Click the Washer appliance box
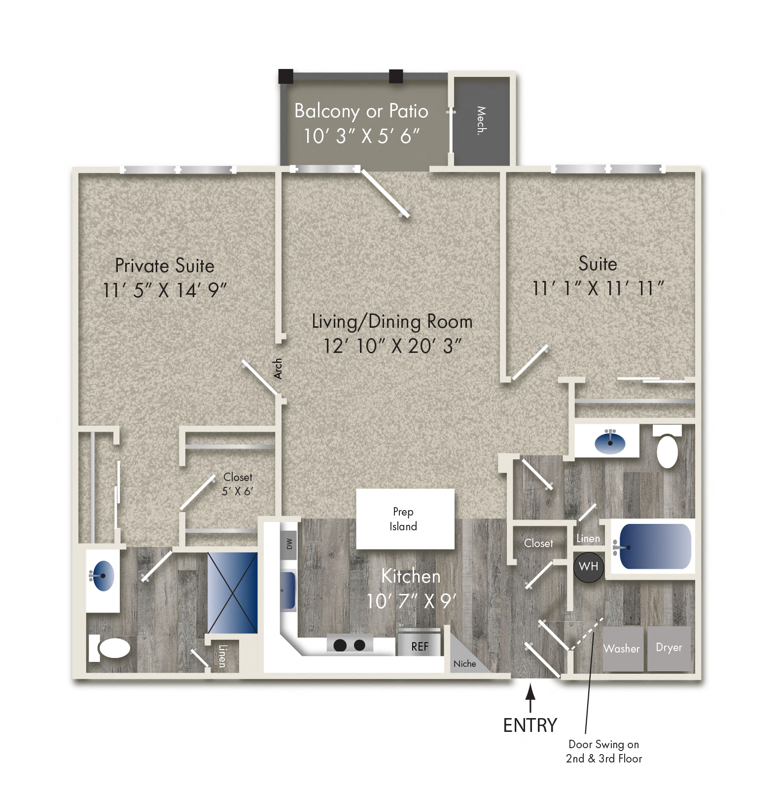pyautogui.click(x=623, y=649)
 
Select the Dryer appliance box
pyautogui.click(x=669, y=649)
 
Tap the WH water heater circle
pyautogui.click(x=589, y=567)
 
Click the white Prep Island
pyautogui.click(x=405, y=518)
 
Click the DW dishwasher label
pyautogui.click(x=289, y=544)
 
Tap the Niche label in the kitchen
pyautogui.click(x=464, y=664)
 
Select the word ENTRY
pyautogui.click(x=530, y=725)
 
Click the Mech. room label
pyautogui.click(x=481, y=120)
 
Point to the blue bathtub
pyautogui.click(x=655, y=546)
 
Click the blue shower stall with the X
pyautogui.click(x=232, y=592)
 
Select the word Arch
pyautogui.click(x=278, y=369)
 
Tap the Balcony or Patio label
pyautogui.click(x=361, y=111)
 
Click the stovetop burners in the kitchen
pyautogui.click(x=350, y=645)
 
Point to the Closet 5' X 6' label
pyautogui.click(x=238, y=484)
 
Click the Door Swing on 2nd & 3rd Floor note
pyautogui.click(x=604, y=752)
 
